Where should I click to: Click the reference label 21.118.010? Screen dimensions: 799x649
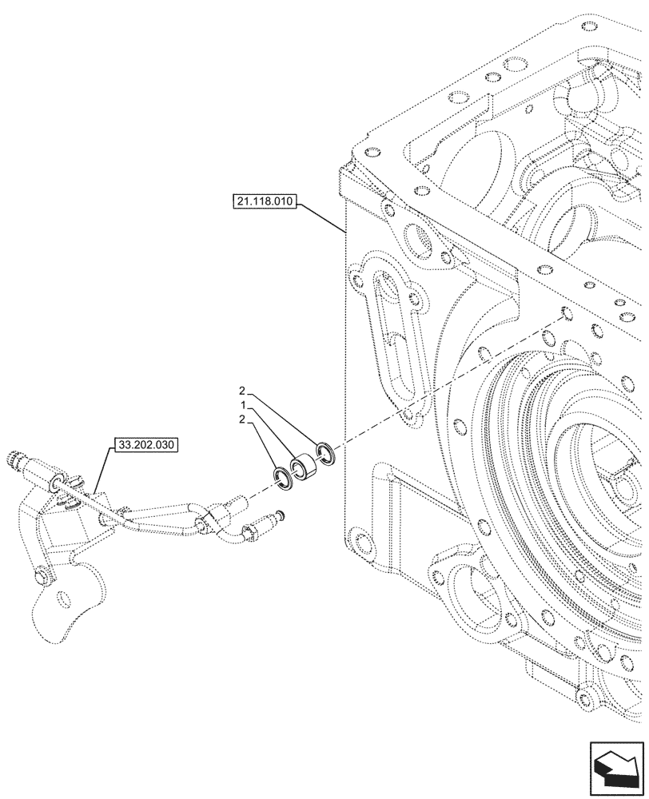pos(265,202)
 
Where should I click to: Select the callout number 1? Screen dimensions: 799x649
pos(240,407)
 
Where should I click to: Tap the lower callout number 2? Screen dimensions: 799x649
pos(240,420)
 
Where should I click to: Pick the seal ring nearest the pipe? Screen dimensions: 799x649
pos(281,478)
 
